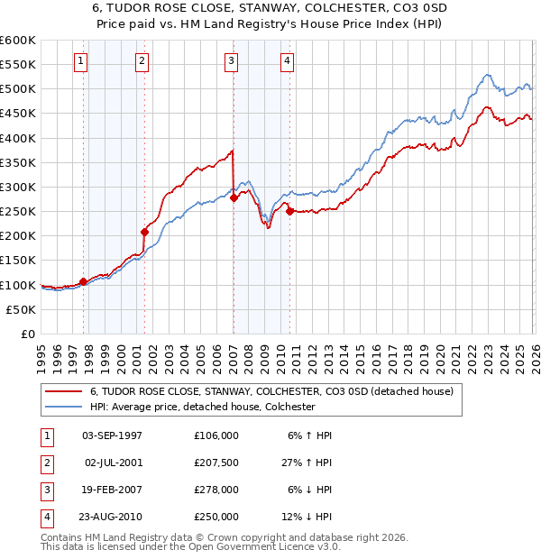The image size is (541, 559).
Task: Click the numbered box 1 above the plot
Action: (80, 61)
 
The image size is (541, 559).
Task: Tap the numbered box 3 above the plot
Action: (231, 61)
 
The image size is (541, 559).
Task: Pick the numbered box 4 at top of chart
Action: (287, 61)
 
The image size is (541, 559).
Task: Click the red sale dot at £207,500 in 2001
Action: (144, 232)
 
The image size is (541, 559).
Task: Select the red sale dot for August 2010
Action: (289, 212)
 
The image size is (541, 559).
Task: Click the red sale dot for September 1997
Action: (84, 281)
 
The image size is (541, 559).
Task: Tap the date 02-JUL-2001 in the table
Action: (112, 463)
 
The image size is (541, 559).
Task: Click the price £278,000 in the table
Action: (216, 490)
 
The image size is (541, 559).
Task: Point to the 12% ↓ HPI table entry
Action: (307, 518)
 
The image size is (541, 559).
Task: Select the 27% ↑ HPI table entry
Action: (307, 463)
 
